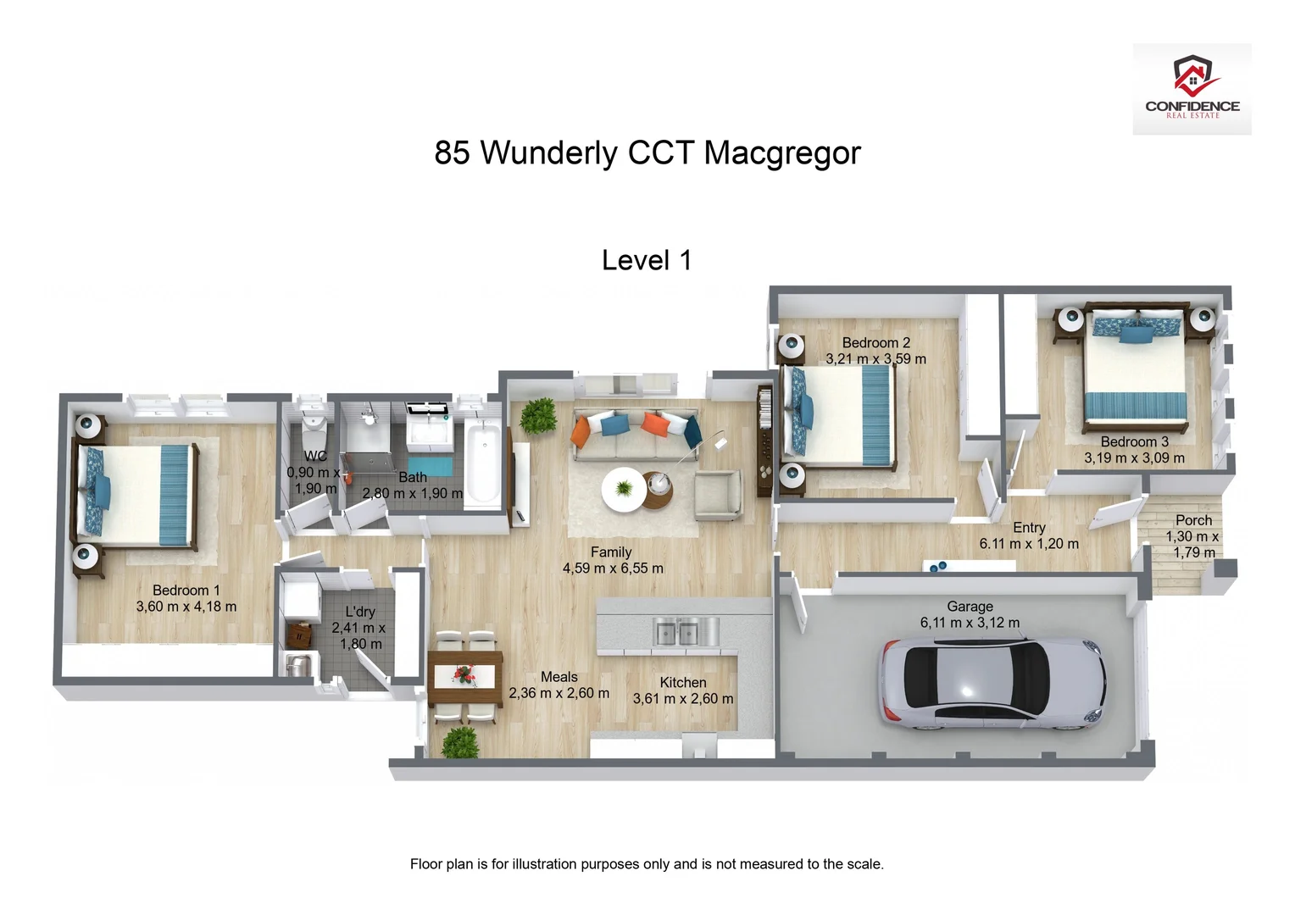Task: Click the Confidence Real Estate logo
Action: pyautogui.click(x=1192, y=89)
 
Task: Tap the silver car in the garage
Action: pyautogui.click(x=992, y=684)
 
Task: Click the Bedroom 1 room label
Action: pyautogui.click(x=186, y=591)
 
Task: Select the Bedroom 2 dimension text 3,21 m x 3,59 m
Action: pyautogui.click(x=876, y=359)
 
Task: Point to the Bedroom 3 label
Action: pyautogui.click(x=1134, y=442)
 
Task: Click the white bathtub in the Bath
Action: pyautogui.click(x=483, y=465)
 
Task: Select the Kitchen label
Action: pyautogui.click(x=683, y=683)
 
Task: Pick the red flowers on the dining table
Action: pyautogui.click(x=464, y=674)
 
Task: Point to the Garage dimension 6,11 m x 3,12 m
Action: pyautogui.click(x=970, y=623)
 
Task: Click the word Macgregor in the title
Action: pyautogui.click(x=781, y=153)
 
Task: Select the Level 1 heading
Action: pyautogui.click(x=647, y=260)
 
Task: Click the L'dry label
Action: pyautogui.click(x=360, y=612)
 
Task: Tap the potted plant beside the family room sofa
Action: pyautogui.click(x=536, y=416)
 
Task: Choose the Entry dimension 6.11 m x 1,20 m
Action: pyautogui.click(x=1029, y=544)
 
